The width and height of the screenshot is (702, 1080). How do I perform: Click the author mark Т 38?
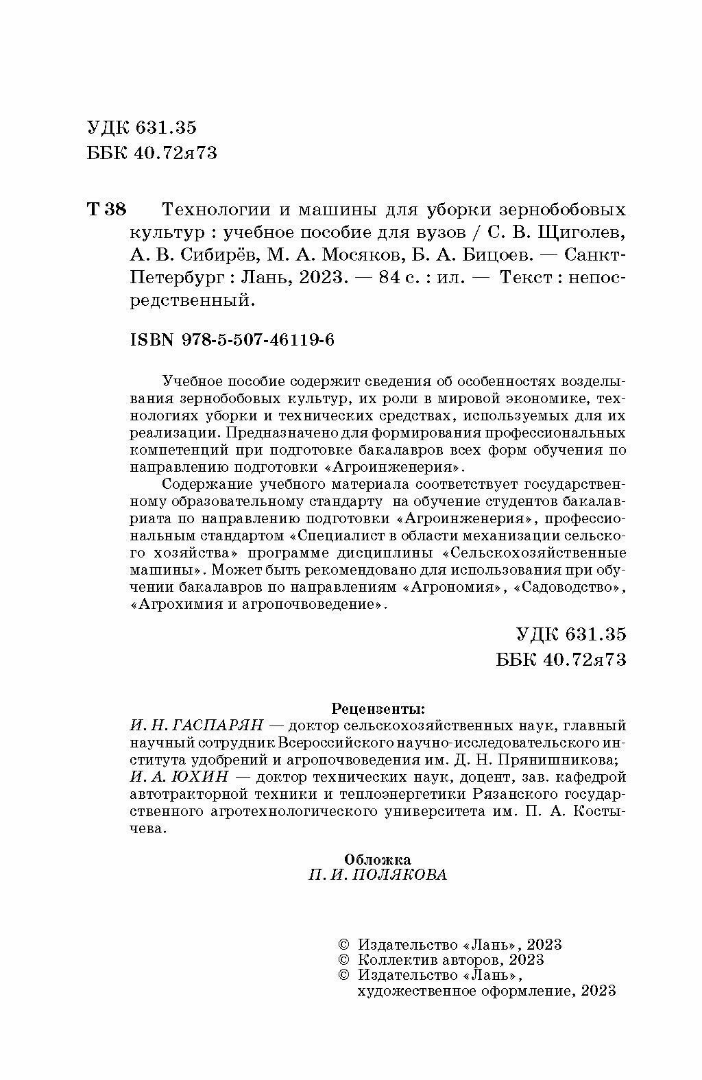coord(107,209)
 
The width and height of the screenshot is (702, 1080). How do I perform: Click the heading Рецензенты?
coord(378,707)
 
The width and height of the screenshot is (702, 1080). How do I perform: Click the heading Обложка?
coord(378,859)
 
